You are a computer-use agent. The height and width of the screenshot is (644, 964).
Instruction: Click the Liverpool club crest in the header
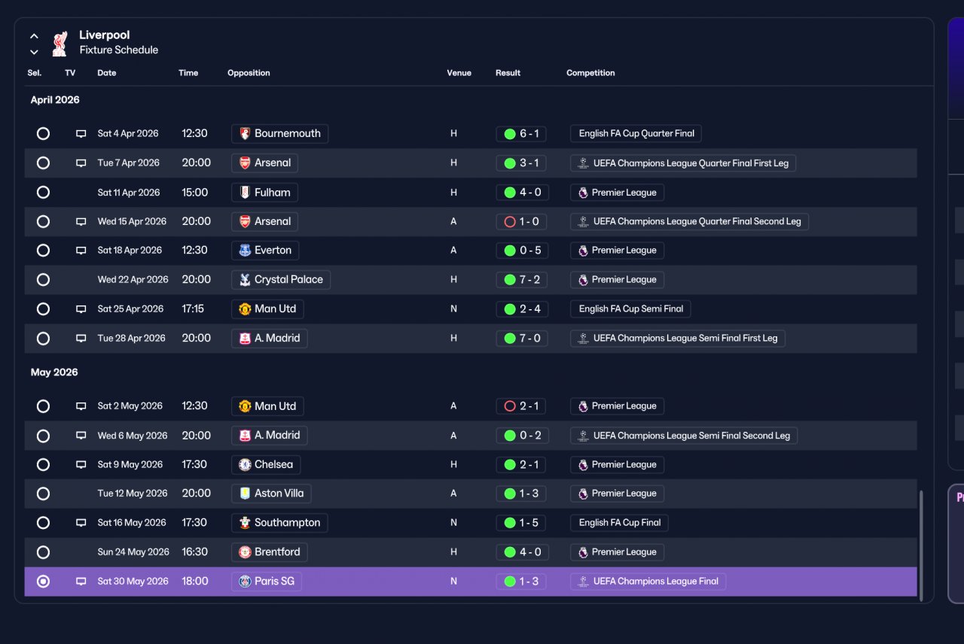(59, 43)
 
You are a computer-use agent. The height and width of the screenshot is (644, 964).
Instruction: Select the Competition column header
(590, 73)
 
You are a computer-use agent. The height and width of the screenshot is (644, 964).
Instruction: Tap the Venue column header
(459, 73)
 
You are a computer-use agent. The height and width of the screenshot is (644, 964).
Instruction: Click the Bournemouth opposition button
(279, 133)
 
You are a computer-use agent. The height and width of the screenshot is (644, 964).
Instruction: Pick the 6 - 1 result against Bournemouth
(521, 134)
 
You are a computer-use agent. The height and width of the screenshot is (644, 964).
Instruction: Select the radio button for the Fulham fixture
(43, 192)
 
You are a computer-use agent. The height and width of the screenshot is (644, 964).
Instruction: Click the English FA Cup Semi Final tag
(630, 308)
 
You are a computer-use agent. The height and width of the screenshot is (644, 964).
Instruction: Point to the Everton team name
(273, 251)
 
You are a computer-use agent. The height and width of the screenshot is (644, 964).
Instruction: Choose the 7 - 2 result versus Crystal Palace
(522, 279)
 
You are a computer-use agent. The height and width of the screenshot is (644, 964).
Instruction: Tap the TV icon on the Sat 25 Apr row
(81, 309)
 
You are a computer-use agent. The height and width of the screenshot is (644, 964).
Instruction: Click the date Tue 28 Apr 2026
(131, 338)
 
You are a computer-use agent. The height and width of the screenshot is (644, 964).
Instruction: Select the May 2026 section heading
(54, 372)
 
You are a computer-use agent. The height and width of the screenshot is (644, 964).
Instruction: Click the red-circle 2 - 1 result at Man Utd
(521, 406)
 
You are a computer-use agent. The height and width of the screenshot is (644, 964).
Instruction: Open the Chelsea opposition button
(266, 464)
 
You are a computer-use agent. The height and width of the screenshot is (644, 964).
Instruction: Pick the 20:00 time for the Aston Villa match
(197, 493)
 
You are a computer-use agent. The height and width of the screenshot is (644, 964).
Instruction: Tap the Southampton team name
(287, 522)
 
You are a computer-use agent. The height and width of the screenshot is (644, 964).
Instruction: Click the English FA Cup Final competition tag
(619, 522)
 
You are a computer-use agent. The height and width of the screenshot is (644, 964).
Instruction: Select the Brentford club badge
(245, 552)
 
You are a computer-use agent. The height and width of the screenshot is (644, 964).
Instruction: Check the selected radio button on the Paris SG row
(43, 582)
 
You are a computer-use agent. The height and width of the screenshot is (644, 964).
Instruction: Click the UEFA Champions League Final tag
(648, 582)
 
